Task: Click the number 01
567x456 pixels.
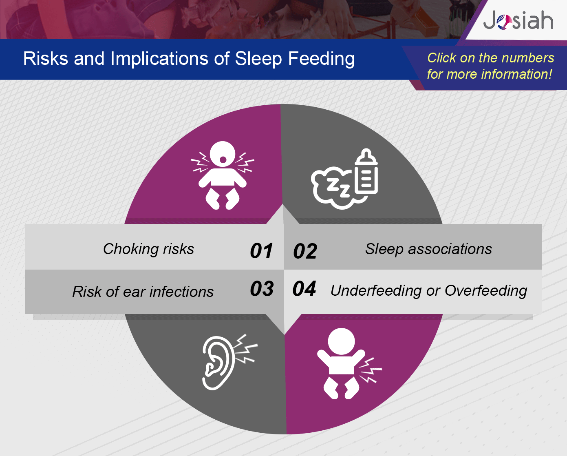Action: [261, 250]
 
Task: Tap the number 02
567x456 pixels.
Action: [305, 251]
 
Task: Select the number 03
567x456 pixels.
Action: [262, 288]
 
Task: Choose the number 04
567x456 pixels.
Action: [304, 288]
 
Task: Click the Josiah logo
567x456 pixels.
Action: [518, 20]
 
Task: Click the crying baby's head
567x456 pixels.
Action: [223, 154]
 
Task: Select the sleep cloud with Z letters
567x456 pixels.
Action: [334, 188]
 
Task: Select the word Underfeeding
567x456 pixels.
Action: [376, 291]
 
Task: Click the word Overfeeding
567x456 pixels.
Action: [486, 291]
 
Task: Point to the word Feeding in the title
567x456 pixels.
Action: [322, 59]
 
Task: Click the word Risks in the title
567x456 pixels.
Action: [46, 58]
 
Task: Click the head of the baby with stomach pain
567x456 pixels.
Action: [341, 341]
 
